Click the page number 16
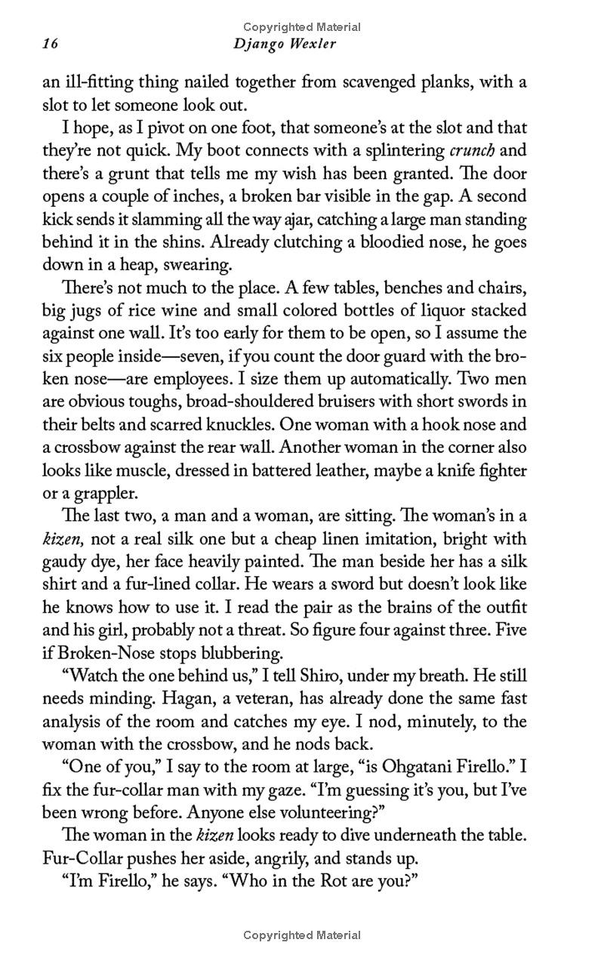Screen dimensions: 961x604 click(50, 45)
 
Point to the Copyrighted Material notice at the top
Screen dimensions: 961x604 click(302, 27)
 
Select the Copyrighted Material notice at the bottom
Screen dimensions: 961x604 click(302, 935)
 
